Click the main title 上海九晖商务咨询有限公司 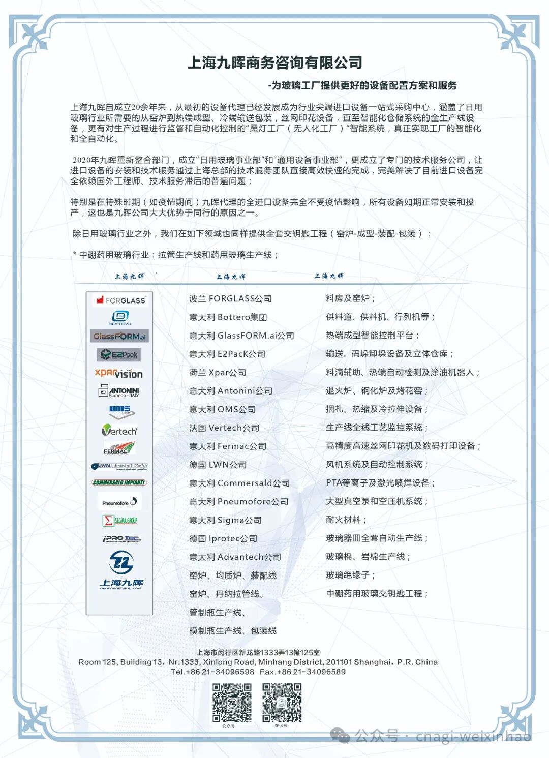coord(274,63)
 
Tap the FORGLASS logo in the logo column coord(120,300)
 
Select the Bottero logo coord(120,318)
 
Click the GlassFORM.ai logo coord(120,336)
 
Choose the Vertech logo coord(119,431)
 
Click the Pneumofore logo coord(119,502)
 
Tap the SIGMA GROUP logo coord(120,520)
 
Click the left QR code coord(232,703)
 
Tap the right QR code coord(282,703)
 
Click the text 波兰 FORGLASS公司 coord(230,299)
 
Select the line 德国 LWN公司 coord(218,465)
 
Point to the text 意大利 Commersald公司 coord(239,483)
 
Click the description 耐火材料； coord(346,520)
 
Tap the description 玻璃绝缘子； coord(351,575)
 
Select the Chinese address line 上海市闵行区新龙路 coord(258,652)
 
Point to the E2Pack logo coord(119,354)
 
